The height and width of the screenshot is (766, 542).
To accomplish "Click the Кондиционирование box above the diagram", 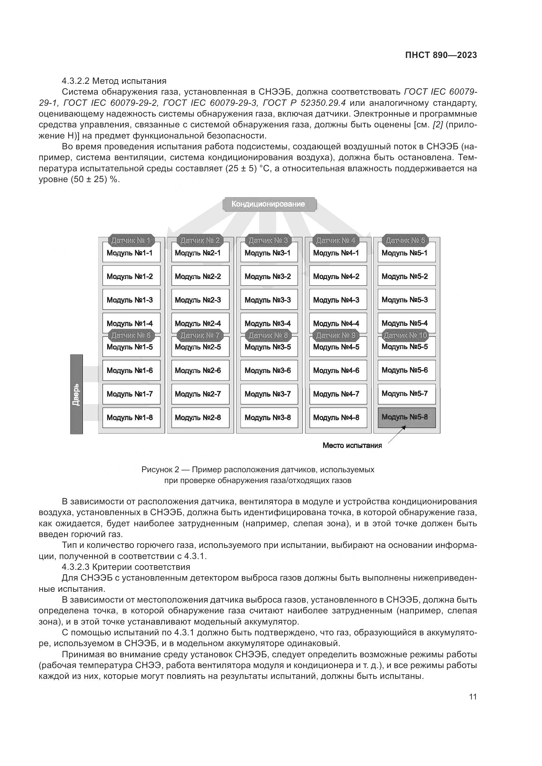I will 269,204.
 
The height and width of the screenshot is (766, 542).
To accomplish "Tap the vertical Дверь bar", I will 76,394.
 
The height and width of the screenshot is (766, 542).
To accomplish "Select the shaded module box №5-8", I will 406,417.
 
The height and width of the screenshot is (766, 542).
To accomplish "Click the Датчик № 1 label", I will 131,240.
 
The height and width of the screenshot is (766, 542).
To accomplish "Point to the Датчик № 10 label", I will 405,335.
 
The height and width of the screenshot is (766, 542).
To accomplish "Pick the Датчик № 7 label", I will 200,335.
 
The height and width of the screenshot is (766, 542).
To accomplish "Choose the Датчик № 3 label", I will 268,240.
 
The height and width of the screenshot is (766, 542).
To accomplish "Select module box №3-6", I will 269,371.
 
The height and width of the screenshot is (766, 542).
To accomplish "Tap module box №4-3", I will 338,300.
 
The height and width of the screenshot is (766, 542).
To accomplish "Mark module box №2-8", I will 200,418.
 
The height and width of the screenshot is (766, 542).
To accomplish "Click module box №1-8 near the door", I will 131,418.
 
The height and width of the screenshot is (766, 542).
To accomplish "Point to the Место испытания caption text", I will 352,446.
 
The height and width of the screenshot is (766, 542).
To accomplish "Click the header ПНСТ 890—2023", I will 441,55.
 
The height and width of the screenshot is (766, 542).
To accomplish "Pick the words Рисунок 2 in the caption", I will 160,470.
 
